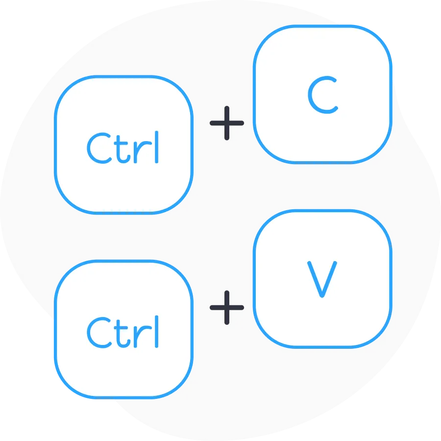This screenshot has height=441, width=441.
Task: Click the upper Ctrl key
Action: click(x=123, y=145)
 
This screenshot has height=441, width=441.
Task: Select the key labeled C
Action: click(x=322, y=94)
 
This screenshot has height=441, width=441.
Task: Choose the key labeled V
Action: click(x=322, y=279)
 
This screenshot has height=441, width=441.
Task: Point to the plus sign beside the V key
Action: click(x=227, y=307)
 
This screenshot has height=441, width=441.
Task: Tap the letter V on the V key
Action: click(x=321, y=279)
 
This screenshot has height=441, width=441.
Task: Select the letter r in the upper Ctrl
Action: click(x=140, y=151)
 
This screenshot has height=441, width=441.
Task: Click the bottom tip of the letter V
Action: click(x=321, y=296)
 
